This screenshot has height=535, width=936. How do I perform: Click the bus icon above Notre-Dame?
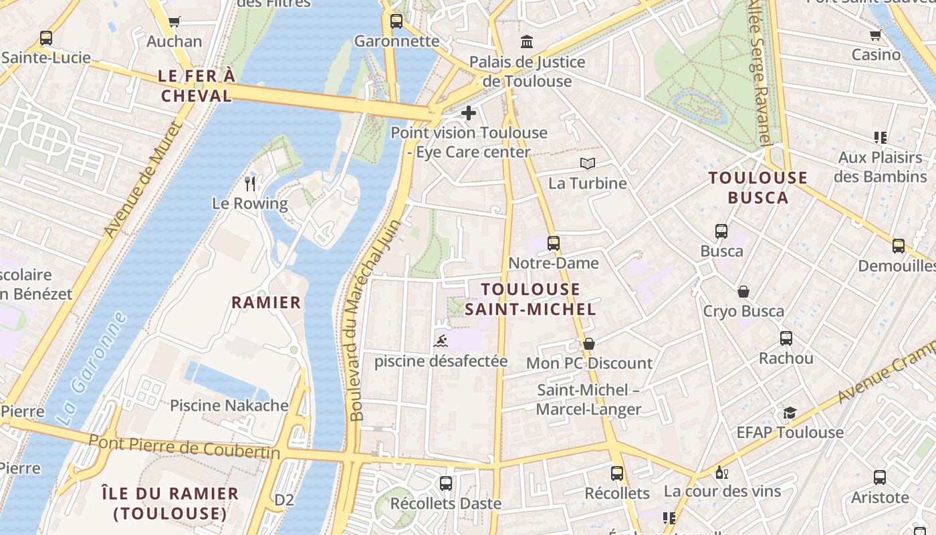[553, 243]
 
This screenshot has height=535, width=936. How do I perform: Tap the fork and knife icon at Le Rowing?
[251, 183]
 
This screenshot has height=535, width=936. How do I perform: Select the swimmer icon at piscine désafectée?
[441, 342]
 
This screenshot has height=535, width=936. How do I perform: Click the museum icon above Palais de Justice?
[527, 42]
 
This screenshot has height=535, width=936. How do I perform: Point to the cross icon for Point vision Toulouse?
[469, 113]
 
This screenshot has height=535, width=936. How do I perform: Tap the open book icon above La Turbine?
[587, 164]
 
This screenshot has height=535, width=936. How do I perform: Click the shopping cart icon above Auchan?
[174, 21]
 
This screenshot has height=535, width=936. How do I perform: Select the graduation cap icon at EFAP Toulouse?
[790, 413]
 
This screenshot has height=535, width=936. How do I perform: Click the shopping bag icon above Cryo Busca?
[743, 292]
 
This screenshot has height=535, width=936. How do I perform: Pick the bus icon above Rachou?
[786, 338]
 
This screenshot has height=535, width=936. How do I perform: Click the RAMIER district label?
[266, 302]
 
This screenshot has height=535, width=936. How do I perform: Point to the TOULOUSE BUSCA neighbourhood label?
[758, 187]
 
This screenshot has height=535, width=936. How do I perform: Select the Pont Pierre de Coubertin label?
[184, 446]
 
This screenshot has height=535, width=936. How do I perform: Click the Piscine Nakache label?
[229, 405]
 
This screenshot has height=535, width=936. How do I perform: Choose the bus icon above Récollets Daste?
[445, 483]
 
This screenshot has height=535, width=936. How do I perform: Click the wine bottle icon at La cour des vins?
[721, 472]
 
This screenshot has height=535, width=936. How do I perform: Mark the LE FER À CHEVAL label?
[197, 86]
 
